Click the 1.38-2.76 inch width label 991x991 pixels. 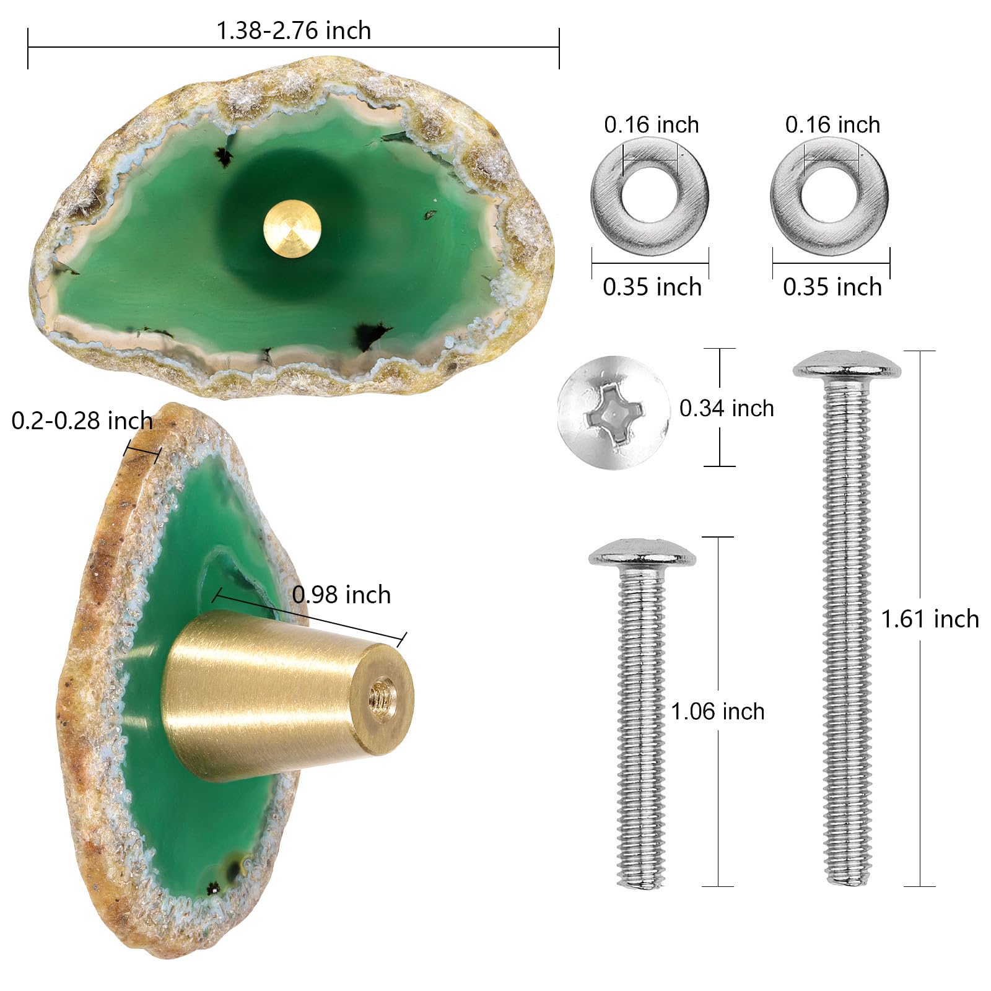(294, 30)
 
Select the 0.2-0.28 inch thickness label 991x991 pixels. (82, 421)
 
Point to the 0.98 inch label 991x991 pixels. (341, 595)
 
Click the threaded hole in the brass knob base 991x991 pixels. (384, 698)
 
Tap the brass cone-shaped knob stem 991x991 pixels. (288, 688)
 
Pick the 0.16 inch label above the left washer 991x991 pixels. (652, 124)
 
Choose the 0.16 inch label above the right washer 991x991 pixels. (832, 124)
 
